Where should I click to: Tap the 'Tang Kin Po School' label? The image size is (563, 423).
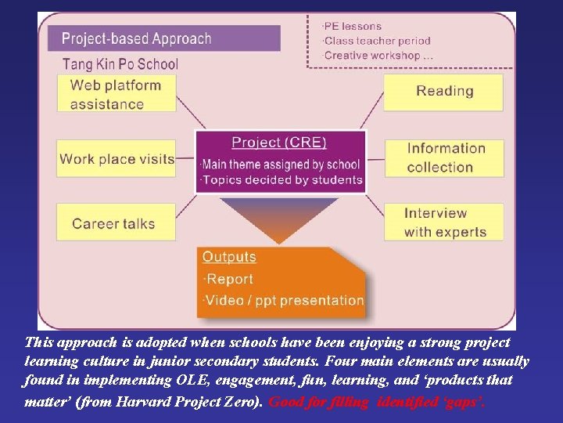[x=120, y=64]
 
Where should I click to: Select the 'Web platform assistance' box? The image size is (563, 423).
[x=115, y=94]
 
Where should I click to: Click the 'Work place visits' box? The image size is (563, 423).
[x=117, y=159]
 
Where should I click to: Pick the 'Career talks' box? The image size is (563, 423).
[x=115, y=223]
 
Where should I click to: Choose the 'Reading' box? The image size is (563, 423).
[x=443, y=91]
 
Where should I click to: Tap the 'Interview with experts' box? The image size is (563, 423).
[x=444, y=222]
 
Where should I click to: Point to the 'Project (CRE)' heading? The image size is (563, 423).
[x=279, y=143]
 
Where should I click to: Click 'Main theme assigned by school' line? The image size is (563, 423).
[x=280, y=164]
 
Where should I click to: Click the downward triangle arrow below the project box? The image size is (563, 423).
[x=279, y=216]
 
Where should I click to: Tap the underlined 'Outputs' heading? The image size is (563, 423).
[x=229, y=257]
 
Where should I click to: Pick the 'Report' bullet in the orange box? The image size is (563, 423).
[x=228, y=279]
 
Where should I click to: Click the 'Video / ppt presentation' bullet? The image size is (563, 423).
[x=283, y=300]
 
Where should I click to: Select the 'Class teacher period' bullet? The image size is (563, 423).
[x=377, y=41]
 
